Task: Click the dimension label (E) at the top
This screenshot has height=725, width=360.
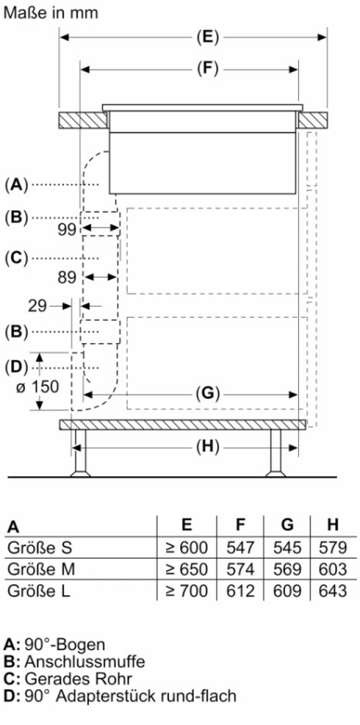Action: [208, 37]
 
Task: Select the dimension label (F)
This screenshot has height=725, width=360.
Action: [208, 69]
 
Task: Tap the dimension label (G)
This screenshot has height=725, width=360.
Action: [208, 393]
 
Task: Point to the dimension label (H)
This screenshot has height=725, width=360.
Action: [208, 447]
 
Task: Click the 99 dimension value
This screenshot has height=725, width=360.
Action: [67, 230]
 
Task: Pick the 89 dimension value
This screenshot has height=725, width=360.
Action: [67, 277]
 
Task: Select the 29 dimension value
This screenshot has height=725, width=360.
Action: [37, 306]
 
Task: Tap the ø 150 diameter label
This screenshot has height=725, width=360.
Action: [37, 387]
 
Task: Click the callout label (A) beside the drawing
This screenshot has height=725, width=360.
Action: [16, 185]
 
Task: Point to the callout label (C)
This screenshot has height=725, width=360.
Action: [16, 258]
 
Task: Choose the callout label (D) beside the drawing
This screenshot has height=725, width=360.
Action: [16, 367]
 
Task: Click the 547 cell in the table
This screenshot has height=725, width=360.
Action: [240, 547]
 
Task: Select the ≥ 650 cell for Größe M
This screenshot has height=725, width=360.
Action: [187, 569]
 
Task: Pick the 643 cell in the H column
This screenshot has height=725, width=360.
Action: [333, 591]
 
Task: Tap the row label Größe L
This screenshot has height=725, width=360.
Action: [39, 591]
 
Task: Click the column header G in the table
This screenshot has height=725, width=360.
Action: [288, 524]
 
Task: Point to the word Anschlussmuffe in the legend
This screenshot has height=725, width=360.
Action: [85, 662]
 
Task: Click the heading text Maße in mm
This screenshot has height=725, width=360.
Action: [51, 13]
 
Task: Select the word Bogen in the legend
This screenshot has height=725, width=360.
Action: [80, 645]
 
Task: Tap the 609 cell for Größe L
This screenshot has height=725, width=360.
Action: [288, 591]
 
